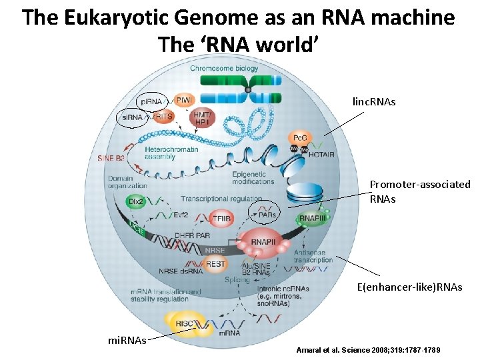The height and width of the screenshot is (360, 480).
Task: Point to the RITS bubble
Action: [163, 117]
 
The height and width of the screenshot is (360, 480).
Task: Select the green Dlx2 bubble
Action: [136, 201]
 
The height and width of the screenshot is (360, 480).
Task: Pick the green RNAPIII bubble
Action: [311, 218]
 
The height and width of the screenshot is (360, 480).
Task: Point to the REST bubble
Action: [215, 264]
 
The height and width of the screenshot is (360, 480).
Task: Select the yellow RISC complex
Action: [186, 324]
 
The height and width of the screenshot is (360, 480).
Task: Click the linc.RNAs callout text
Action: [374, 101]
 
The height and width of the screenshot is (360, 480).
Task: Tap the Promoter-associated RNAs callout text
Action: [420, 191]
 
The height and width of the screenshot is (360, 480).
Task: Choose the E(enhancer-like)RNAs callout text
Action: [409, 287]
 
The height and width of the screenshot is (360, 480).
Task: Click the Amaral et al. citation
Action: [367, 350]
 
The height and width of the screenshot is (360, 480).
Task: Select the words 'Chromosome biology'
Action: [225, 69]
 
